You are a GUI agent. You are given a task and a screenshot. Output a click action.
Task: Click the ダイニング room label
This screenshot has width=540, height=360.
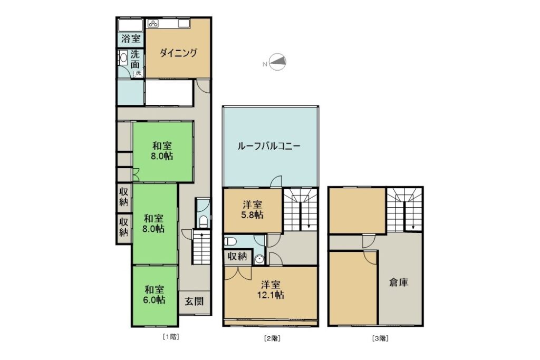178,53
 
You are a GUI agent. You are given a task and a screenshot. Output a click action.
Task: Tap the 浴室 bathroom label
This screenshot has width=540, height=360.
131,38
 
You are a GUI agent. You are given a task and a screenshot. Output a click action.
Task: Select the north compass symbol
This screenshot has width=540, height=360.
277,62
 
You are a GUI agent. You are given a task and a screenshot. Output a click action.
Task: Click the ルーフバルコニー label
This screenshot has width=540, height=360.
269,147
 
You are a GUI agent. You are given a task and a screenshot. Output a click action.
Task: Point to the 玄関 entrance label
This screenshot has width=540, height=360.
194,301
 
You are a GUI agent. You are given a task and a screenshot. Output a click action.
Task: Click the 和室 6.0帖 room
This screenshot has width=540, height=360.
155,295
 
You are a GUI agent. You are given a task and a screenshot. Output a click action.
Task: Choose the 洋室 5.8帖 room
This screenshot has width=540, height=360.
253,210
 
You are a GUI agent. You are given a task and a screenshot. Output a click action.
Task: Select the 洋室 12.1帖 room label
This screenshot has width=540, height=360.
271,290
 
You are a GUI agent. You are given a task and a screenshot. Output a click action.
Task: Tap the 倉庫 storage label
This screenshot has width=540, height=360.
399,283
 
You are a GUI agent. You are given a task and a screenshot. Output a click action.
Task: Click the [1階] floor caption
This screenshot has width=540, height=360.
171,337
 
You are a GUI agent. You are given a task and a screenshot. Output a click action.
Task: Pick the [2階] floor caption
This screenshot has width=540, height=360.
272,338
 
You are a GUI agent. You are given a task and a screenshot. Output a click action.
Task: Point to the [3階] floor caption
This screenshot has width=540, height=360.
380,338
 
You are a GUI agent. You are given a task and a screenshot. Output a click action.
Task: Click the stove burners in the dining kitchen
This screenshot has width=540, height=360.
153,24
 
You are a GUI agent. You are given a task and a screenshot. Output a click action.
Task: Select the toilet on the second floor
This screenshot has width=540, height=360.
230,241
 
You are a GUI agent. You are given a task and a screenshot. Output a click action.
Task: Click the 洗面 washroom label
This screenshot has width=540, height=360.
135,59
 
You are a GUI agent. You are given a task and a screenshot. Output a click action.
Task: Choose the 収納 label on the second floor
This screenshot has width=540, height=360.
237,256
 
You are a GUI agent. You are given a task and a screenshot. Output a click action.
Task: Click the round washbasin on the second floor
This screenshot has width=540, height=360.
259,259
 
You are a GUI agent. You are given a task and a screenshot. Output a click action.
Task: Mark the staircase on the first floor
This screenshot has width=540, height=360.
201,247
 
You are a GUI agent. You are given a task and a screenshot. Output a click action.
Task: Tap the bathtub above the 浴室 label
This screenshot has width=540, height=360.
131,25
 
